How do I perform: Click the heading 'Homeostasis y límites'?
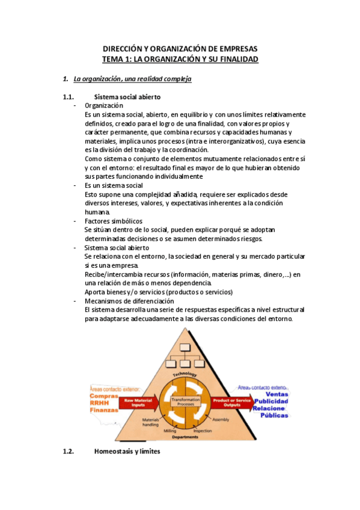pos(127,452)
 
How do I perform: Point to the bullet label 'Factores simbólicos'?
pos(113,221)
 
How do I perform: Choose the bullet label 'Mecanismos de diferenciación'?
pos(129,301)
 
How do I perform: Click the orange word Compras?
pos(103,396)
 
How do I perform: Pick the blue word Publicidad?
pos(271,401)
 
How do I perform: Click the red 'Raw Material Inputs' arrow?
pos(136,401)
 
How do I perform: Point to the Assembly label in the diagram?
pos(222,419)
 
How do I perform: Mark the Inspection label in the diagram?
pos(203,431)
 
